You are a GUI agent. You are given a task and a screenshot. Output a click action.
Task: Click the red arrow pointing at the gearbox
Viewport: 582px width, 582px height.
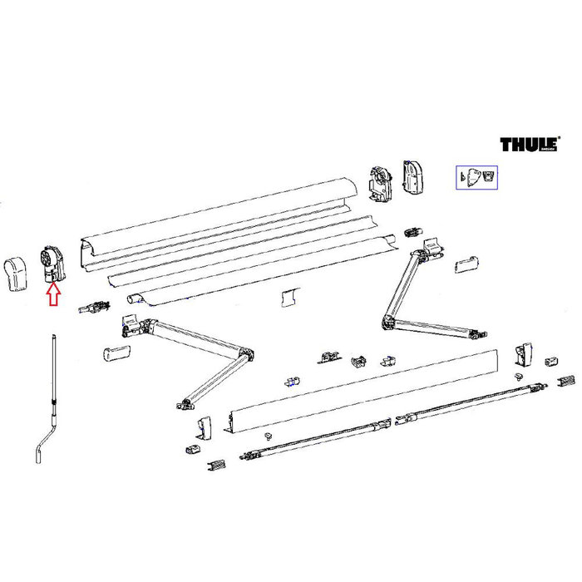click(52, 293)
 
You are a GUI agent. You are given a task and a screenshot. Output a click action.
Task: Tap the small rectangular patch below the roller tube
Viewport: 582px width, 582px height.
click(289, 296)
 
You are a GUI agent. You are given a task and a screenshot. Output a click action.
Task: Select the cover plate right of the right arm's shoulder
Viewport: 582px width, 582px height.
click(466, 264)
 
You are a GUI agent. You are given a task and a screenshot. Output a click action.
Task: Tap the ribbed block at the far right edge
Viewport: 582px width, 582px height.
click(566, 380)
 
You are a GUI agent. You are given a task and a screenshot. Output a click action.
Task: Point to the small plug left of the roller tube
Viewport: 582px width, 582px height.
click(94, 307)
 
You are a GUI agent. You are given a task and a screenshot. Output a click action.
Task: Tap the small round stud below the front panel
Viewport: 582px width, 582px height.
click(268, 436)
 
